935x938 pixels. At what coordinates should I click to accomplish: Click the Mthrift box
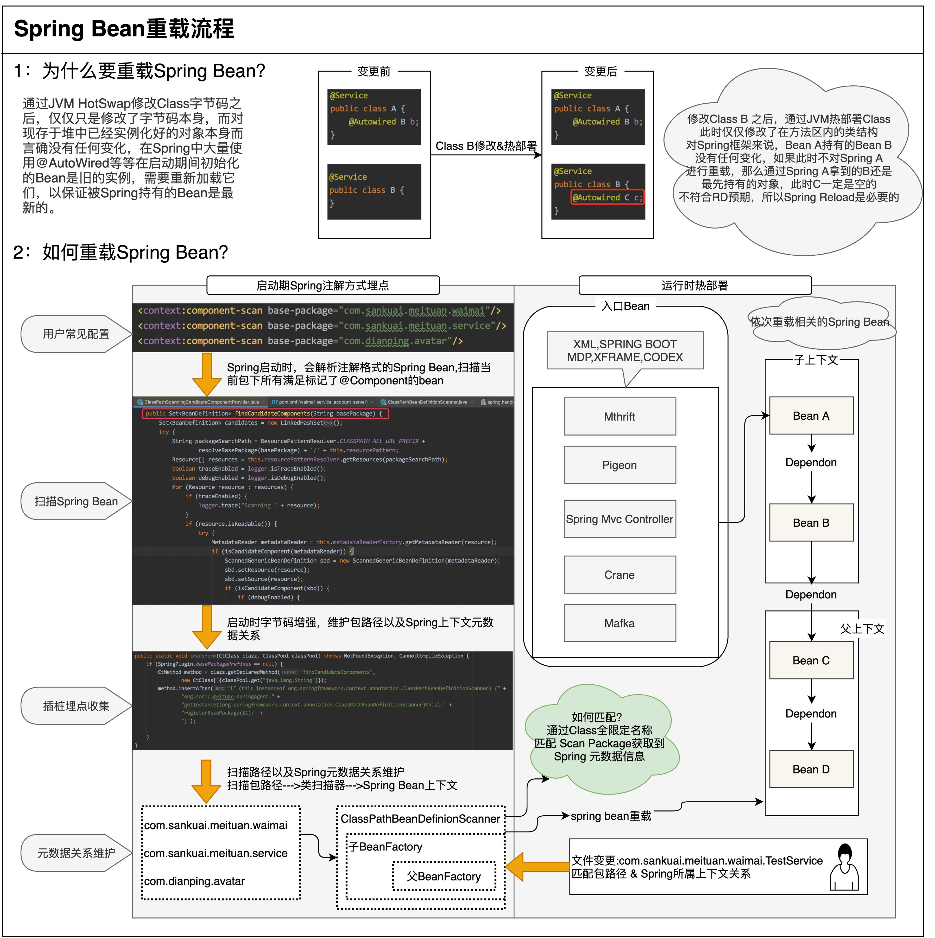pyautogui.click(x=619, y=417)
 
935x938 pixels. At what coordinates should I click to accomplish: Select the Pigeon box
pyautogui.click(x=619, y=465)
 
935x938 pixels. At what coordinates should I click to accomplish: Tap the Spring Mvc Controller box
pyautogui.click(x=619, y=519)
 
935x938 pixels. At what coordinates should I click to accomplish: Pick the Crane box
pyautogui.click(x=619, y=575)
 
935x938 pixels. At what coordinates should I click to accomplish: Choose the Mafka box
pyautogui.click(x=619, y=623)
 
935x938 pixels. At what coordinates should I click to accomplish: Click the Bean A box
pyautogui.click(x=811, y=416)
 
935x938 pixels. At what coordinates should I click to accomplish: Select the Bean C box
pyautogui.click(x=811, y=660)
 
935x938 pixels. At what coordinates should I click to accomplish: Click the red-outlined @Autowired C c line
pyautogui.click(x=607, y=197)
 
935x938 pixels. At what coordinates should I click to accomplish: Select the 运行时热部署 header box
pyautogui.click(x=695, y=285)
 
